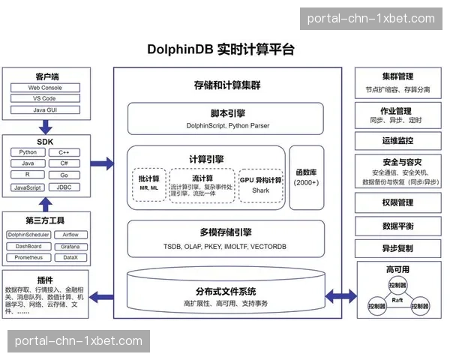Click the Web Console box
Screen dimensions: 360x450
46,88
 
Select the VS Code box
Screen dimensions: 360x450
46,99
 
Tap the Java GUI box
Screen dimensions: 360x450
46,110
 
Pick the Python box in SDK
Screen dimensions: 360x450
28,152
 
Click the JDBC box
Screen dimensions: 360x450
64,187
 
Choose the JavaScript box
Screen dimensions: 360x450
28,187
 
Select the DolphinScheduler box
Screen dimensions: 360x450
28,235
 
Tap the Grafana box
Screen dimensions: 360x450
70,246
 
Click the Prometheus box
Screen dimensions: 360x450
28,257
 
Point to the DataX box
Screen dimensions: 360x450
70,257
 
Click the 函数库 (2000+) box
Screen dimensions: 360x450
307,177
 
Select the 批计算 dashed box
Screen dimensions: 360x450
148,184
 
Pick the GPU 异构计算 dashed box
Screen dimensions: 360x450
260,184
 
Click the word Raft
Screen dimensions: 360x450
397,299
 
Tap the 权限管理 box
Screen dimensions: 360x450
397,202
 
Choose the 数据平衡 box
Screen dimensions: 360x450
397,226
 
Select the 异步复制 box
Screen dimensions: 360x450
397,248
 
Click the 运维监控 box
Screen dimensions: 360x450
397,140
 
